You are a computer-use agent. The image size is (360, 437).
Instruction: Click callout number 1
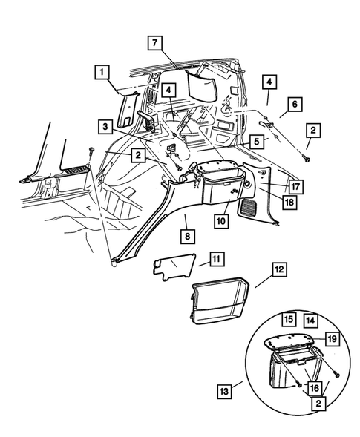tap(102, 73)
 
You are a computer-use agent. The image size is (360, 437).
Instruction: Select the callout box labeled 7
tap(155, 43)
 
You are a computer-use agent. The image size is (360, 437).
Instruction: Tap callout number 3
tap(105, 127)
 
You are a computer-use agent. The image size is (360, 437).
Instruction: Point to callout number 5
tap(257, 142)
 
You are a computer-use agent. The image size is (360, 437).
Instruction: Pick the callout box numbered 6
tap(295, 104)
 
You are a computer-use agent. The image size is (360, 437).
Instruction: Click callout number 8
tap(187, 237)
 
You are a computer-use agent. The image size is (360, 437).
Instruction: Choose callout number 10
tap(221, 221)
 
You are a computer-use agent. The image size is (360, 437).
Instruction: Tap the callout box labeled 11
tap(217, 259)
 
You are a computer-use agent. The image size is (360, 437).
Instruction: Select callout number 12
tap(279, 269)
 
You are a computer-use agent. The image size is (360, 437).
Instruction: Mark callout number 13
tap(224, 391)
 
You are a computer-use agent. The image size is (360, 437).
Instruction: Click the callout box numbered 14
tap(310, 321)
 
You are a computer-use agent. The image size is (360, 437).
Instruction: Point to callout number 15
tap(289, 318)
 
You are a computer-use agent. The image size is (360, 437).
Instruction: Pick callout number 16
tap(314, 388)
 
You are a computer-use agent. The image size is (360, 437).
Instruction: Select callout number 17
tap(296, 187)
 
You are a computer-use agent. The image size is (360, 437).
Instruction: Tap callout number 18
tap(289, 202)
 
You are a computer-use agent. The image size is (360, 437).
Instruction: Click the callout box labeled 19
tap(332, 339)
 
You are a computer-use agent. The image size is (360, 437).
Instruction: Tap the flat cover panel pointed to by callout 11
tap(174, 266)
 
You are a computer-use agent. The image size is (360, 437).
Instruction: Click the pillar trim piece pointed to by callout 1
tap(127, 110)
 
